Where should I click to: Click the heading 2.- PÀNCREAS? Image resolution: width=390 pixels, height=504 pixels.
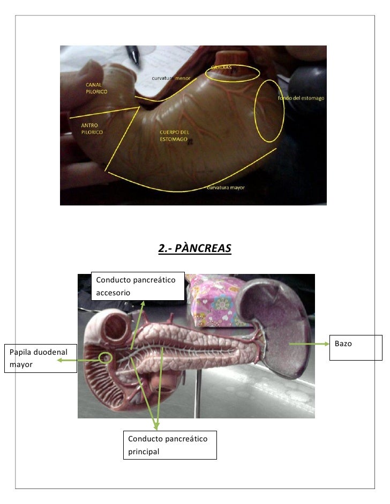[195, 249]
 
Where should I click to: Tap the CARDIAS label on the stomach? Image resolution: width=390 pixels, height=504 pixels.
[221, 67]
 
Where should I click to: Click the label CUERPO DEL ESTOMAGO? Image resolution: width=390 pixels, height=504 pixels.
[175, 135]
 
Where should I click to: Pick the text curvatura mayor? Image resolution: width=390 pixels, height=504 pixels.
[226, 188]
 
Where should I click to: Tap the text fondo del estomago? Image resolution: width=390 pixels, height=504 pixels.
[301, 98]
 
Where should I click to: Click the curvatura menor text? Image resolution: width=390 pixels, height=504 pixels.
[171, 79]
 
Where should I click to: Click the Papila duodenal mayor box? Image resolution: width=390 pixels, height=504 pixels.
[40, 358]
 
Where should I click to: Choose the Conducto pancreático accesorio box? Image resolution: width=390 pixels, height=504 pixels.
[138, 285]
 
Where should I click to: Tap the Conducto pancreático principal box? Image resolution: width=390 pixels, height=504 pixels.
[169, 445]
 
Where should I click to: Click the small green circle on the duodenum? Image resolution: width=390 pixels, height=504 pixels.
[106, 357]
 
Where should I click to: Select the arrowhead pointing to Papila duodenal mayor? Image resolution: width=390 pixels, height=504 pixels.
[59, 361]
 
